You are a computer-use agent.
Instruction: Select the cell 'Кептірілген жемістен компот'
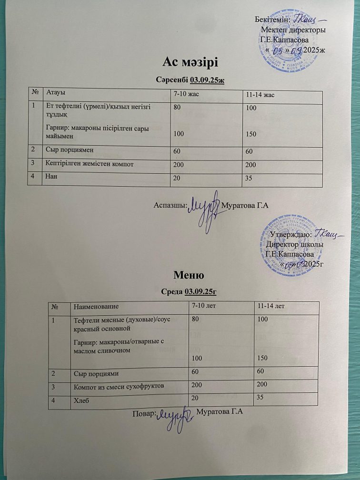click(x=89, y=164)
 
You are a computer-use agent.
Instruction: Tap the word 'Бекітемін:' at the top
click(x=272, y=19)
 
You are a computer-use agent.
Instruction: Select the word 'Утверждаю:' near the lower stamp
click(x=291, y=234)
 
